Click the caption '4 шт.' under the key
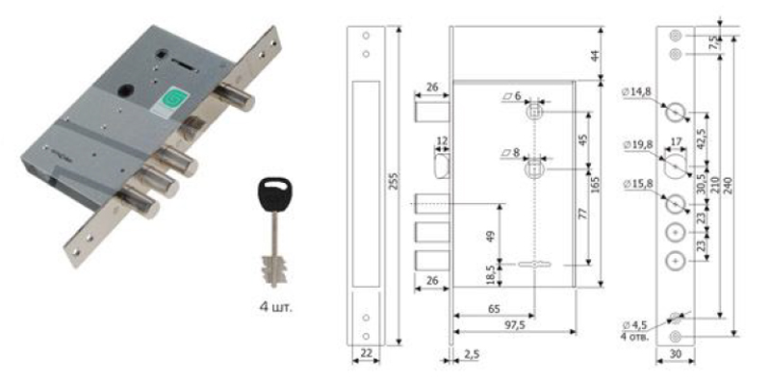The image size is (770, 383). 276,308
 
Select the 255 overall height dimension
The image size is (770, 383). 393,183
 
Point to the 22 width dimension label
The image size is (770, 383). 366,353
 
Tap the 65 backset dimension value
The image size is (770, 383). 495,309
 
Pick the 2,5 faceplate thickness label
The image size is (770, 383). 470,353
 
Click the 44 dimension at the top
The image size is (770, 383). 595,55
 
